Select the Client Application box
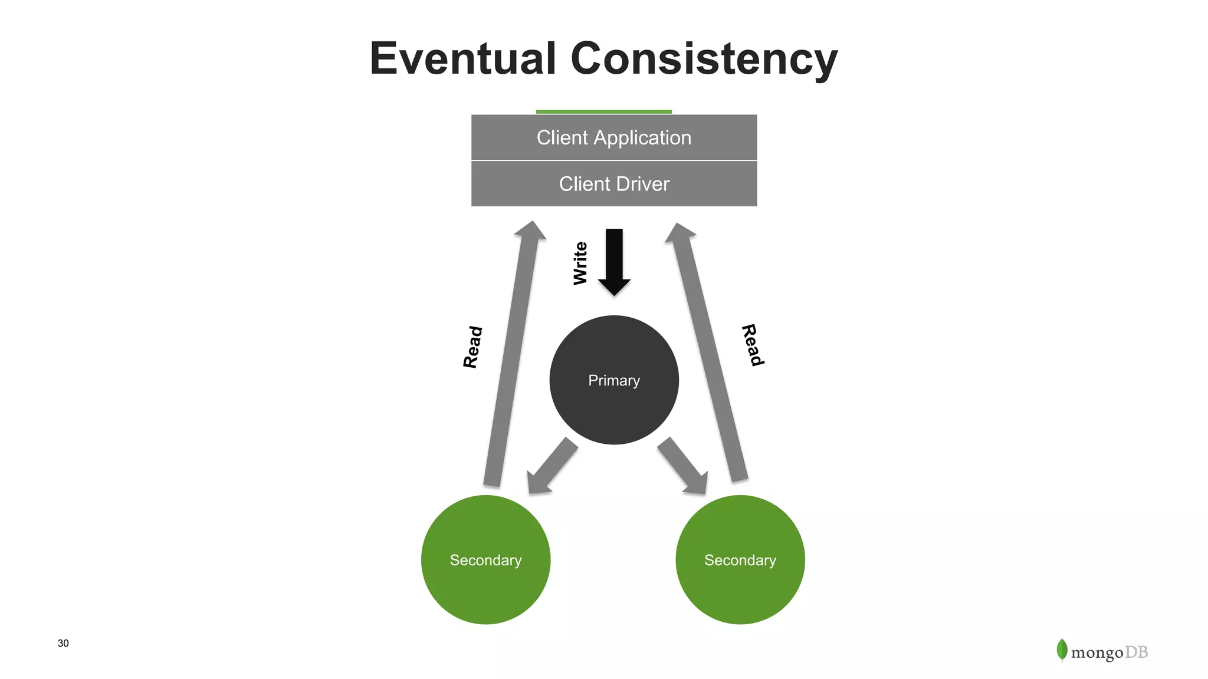pos(614,137)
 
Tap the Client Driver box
pos(614,184)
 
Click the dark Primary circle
pos(614,380)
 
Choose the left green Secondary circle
pos(485,560)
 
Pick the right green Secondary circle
pos(740,560)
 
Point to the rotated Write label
pos(580,263)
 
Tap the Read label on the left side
pos(473,347)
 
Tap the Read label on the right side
pos(753,345)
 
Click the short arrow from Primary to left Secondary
pos(552,466)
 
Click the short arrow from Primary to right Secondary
pos(683,466)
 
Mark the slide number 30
pos(63,643)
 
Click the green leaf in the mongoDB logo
pos(1062,650)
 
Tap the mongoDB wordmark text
pos(1109,652)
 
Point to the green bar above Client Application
pos(603,111)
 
